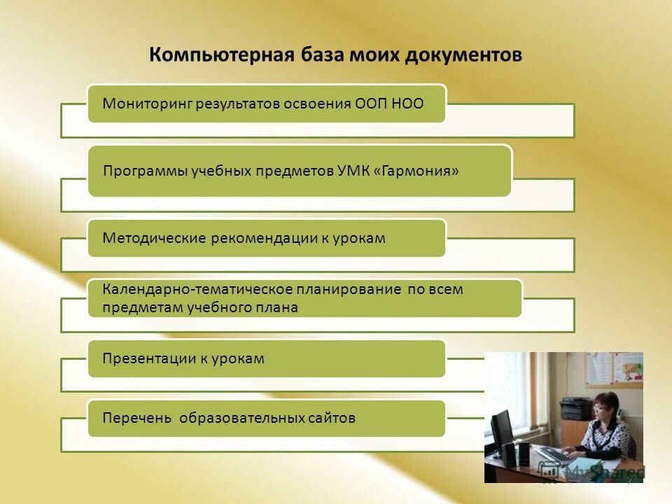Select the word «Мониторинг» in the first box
[147, 104]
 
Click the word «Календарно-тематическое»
[188, 289]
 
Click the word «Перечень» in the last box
[136, 419]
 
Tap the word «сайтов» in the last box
[331, 419]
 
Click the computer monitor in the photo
[502, 430]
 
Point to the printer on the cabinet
[577, 407]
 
